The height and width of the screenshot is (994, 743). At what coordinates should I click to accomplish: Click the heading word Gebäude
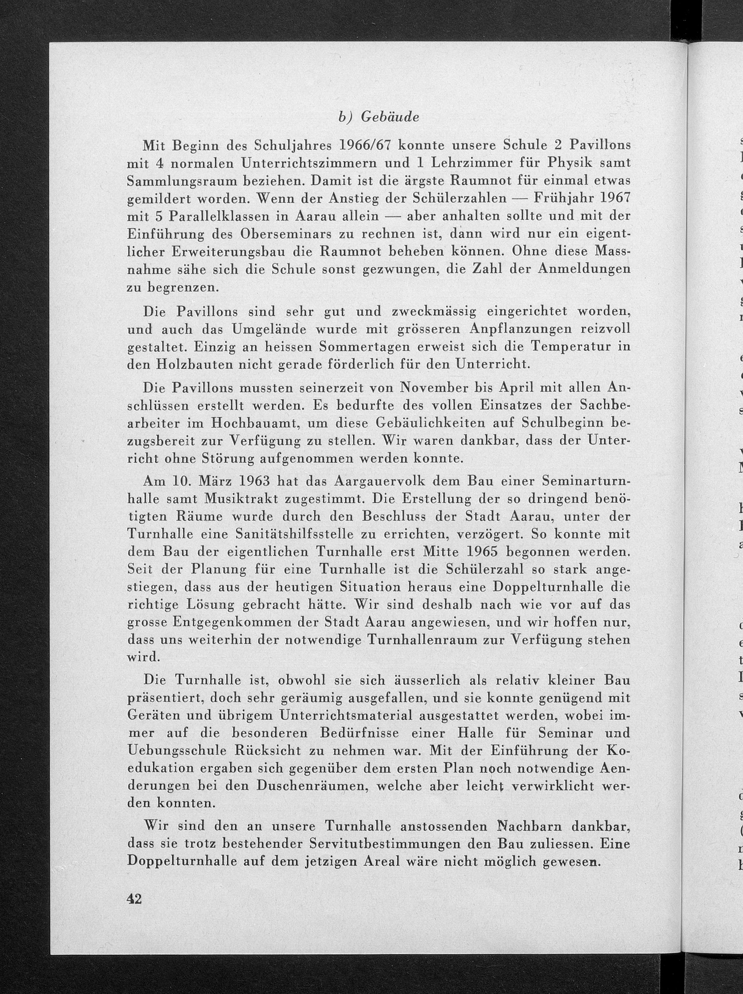(x=390, y=117)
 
